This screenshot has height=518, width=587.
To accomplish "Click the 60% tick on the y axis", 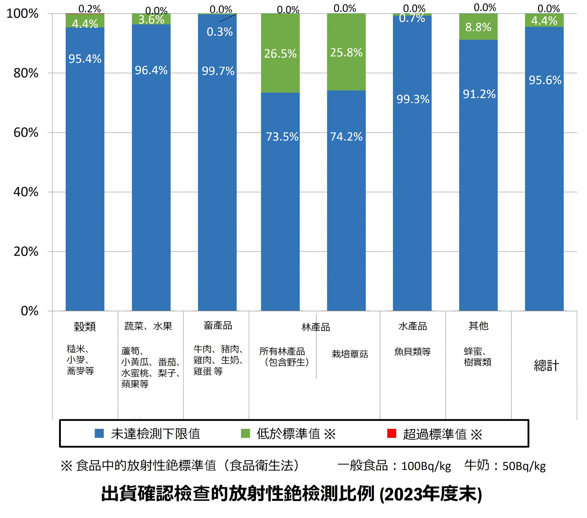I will click(26, 133).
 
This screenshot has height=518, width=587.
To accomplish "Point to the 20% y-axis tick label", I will click(26, 251).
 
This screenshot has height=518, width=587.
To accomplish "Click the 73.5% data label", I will click(282, 137).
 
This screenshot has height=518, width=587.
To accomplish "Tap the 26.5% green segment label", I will click(280, 54).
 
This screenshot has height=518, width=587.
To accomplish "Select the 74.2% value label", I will click(346, 137).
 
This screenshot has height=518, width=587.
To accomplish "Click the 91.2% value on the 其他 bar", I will click(479, 94).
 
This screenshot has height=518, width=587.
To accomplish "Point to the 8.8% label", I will click(478, 27).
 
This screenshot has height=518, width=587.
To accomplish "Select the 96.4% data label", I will click(151, 70).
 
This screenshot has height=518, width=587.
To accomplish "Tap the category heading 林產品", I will click(316, 327).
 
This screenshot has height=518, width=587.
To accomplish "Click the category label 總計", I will click(546, 366).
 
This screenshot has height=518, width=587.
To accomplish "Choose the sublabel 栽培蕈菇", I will click(350, 354).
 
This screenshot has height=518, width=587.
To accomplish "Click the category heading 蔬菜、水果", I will click(148, 326).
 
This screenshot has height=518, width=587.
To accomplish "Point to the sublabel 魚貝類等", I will click(412, 351).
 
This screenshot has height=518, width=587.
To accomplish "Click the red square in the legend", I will click(392, 433).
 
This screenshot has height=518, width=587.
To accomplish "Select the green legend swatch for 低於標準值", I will click(245, 433).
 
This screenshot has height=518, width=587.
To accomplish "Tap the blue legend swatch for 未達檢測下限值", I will click(99, 433).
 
